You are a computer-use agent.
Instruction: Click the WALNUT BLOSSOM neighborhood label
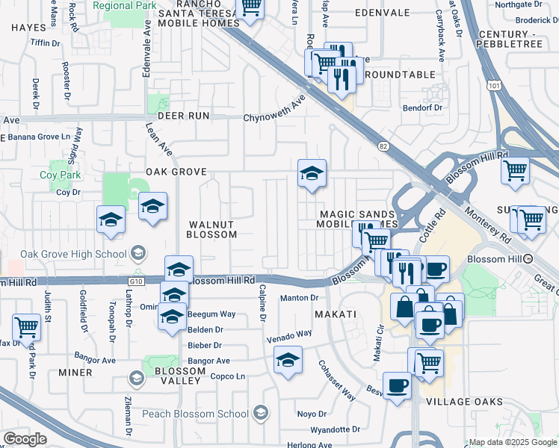[x=212, y=229]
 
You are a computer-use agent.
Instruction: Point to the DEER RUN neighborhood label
[x=179, y=116]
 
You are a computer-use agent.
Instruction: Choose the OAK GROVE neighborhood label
[x=176, y=172]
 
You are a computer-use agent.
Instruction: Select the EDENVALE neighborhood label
[x=382, y=13]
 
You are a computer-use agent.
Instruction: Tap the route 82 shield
[x=384, y=147]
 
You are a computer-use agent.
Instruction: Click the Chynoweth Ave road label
[x=275, y=109]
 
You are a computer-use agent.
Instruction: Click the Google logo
[x=25, y=439]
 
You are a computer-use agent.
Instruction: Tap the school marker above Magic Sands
[x=312, y=173]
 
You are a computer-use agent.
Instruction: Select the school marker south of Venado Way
[x=288, y=360]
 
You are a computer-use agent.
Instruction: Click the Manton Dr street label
[x=299, y=299]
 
